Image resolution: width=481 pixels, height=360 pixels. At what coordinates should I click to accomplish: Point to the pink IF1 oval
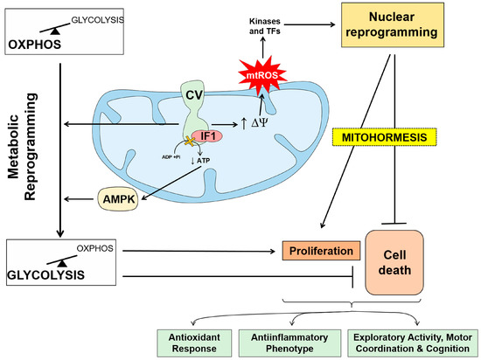pos(207,138)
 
